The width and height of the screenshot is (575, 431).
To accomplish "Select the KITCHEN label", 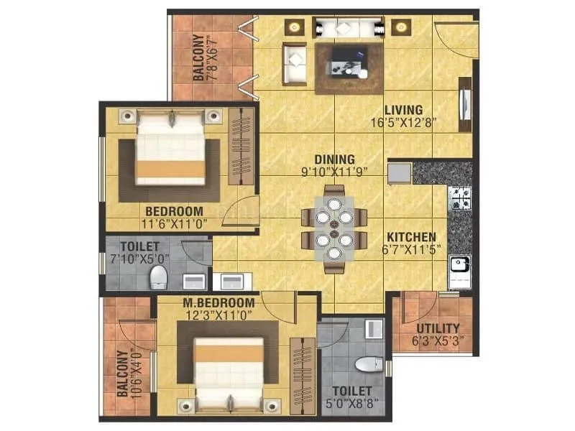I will click(x=411, y=236).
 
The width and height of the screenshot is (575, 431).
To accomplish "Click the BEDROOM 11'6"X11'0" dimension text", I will click(x=174, y=224).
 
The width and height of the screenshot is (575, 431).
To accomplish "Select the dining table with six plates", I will click(x=333, y=228).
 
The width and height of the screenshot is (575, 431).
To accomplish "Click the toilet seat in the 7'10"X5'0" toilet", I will click(x=158, y=277).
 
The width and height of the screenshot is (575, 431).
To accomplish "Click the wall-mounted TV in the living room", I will click(x=465, y=105).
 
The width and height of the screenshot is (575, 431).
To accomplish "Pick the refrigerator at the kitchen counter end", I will click(x=399, y=172).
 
